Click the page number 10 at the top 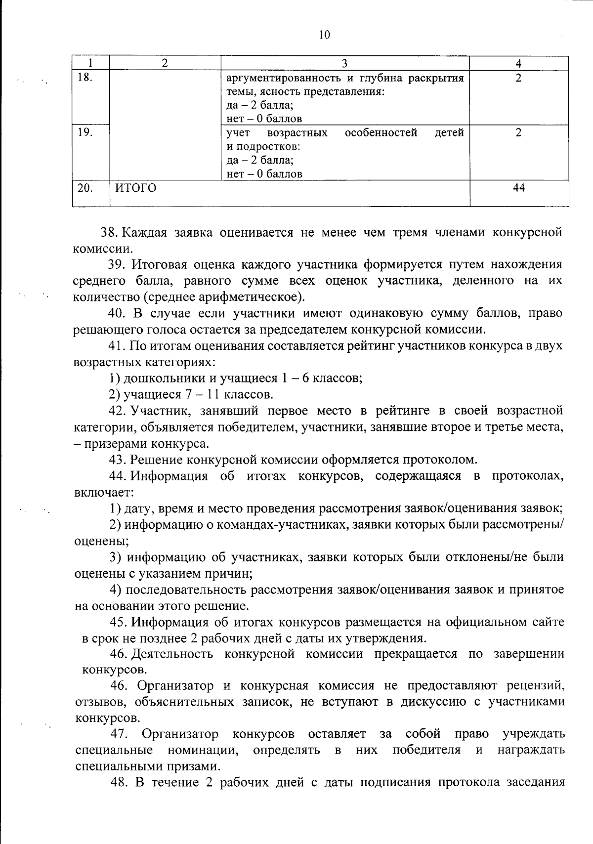[324, 35]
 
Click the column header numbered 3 [345, 63]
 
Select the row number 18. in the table [85, 78]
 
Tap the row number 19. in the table [85, 132]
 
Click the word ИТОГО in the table [135, 188]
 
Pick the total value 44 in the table [518, 188]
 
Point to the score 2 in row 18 [518, 78]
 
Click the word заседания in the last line [536, 783]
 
